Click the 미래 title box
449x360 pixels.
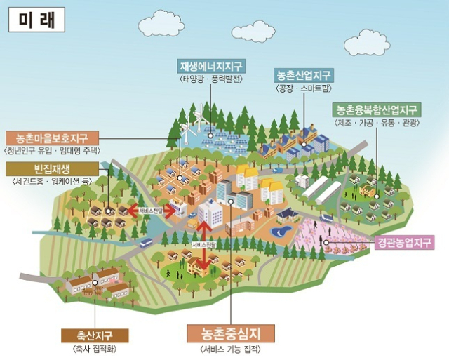(x=36, y=19)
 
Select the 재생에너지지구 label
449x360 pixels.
(x=210, y=67)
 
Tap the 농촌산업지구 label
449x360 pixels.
(x=304, y=74)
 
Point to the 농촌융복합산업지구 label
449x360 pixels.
(x=376, y=110)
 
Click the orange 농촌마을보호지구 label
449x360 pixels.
(x=53, y=138)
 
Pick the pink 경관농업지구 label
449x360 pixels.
(x=403, y=243)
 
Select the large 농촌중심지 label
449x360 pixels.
(x=232, y=332)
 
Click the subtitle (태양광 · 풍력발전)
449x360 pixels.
(x=210, y=79)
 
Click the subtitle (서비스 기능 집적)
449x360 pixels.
(x=232, y=349)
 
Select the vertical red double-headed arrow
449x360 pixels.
(x=205, y=246)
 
